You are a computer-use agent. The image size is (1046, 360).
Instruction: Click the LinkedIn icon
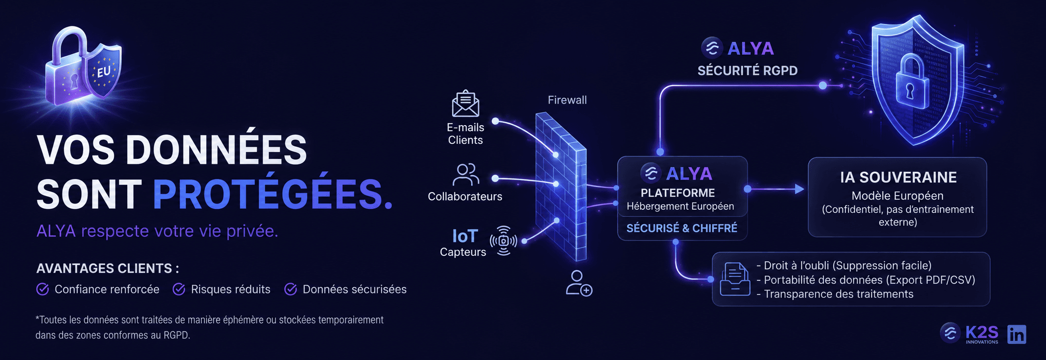(x=1017, y=335)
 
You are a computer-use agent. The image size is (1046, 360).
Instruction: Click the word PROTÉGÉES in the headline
(x=273, y=194)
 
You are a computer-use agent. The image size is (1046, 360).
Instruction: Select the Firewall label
(x=567, y=100)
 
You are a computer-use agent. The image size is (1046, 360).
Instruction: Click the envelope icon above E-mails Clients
(x=465, y=103)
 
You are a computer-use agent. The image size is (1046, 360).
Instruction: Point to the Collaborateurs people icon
(x=466, y=175)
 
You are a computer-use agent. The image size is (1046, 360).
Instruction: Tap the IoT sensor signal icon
(x=503, y=241)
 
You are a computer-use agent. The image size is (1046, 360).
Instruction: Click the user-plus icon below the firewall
(x=579, y=283)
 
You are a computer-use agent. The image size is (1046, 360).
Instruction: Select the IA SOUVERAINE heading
(x=898, y=177)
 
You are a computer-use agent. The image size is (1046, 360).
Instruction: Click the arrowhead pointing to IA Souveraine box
(x=799, y=189)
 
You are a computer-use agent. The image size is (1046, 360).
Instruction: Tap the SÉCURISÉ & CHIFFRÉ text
(x=682, y=228)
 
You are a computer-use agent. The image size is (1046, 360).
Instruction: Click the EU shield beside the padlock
(x=103, y=71)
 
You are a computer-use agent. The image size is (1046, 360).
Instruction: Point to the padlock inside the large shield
(x=911, y=82)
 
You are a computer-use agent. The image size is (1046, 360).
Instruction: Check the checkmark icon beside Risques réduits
(x=179, y=290)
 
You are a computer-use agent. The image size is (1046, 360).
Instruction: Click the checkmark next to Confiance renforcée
(x=43, y=290)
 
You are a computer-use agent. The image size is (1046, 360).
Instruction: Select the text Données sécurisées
(x=355, y=290)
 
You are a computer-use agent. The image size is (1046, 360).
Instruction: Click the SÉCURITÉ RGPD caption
(x=748, y=71)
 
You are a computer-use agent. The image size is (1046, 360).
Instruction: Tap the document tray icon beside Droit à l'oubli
(x=735, y=279)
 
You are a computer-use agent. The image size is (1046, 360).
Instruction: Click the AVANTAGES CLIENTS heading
(x=108, y=269)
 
